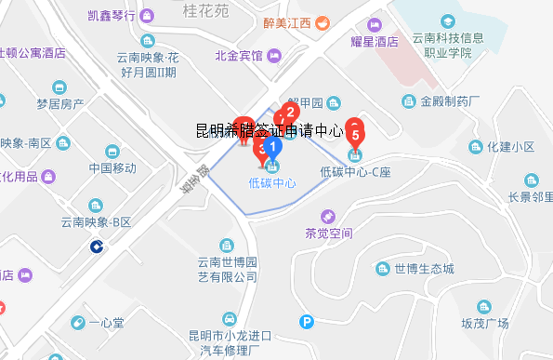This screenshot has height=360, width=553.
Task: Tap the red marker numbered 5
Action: (x=355, y=132)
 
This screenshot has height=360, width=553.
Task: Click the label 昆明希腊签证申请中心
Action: (x=270, y=131)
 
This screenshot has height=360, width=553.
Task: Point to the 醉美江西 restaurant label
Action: (x=287, y=23)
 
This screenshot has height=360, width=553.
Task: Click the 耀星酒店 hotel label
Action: (x=375, y=41)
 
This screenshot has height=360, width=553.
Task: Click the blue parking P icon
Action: (x=307, y=322)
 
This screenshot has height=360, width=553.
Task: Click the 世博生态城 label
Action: (x=423, y=269)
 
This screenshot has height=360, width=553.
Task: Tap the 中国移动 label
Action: (x=112, y=168)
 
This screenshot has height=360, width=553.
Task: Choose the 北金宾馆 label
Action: (x=239, y=57)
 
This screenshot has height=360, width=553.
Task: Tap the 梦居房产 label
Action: (x=61, y=103)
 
